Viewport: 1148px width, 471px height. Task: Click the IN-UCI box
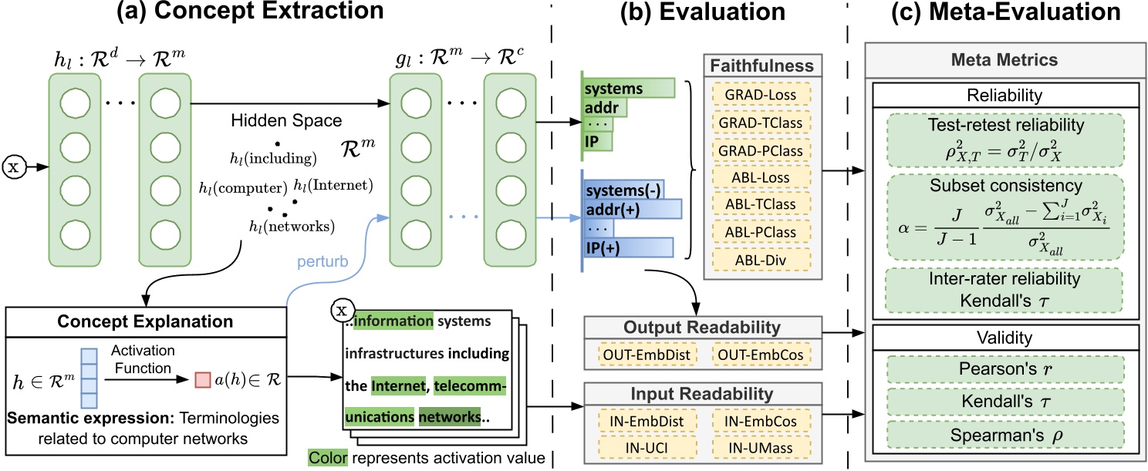(647, 446)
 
